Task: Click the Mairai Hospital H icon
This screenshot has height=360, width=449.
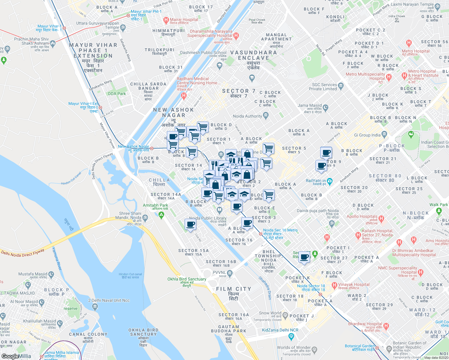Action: point(166,20)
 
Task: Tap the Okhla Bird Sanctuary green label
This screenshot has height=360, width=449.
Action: point(187,279)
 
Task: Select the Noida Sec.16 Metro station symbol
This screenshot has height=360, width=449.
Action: point(261,234)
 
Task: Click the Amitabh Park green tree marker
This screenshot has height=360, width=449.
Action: point(161,215)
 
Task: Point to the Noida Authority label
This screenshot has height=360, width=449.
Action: point(247,116)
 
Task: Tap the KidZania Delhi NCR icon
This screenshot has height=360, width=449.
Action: point(291,337)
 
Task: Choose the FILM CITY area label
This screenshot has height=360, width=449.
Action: point(234,289)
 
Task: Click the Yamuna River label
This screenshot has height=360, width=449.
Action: point(57,258)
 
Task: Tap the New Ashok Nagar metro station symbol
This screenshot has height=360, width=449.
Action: point(152,148)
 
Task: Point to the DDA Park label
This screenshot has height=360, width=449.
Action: point(117,94)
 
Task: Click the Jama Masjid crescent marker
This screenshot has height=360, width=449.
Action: point(326,107)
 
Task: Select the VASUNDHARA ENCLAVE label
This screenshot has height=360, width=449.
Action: point(254,55)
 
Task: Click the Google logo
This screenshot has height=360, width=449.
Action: point(10,356)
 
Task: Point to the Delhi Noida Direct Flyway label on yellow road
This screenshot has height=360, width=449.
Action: point(23,251)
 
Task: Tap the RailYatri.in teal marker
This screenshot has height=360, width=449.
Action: point(330,181)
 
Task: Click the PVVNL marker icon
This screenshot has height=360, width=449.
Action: point(230,273)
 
